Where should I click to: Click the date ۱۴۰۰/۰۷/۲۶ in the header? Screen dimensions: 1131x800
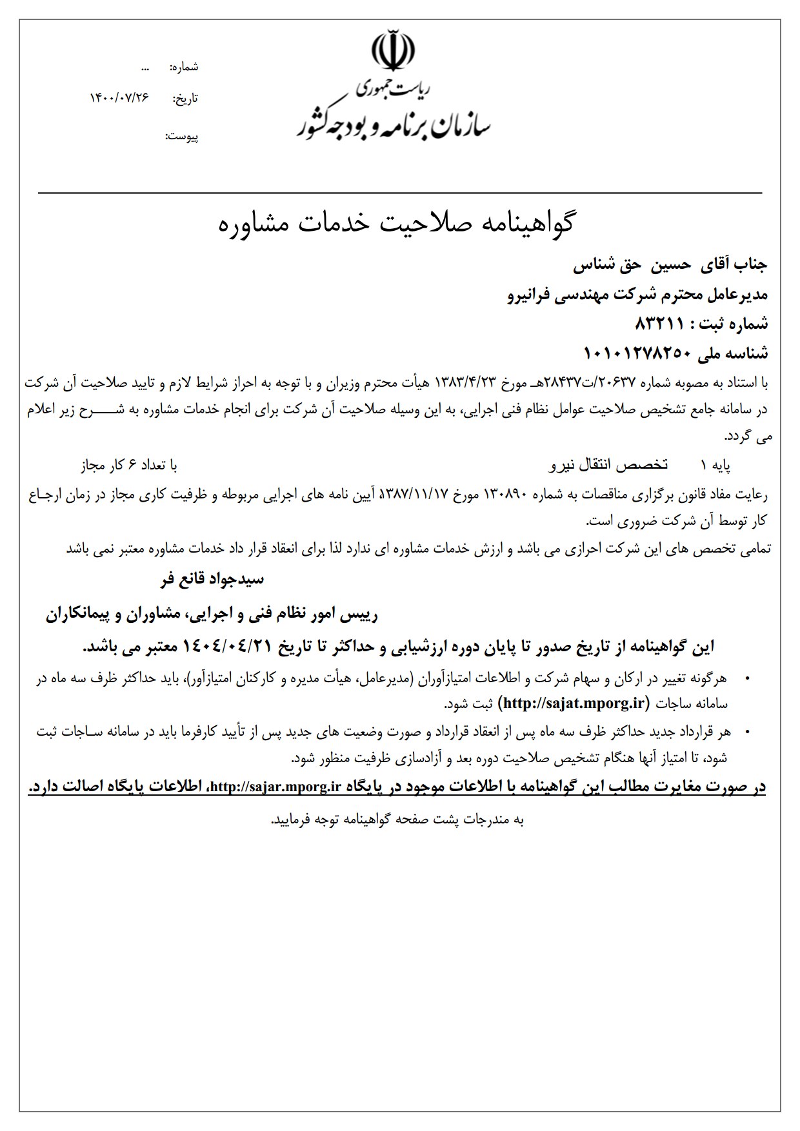[119, 97]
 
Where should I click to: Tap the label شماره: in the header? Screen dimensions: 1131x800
[185, 67]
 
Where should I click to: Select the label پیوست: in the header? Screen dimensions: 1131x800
[182, 136]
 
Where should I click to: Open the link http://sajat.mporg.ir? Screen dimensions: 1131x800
[575, 702]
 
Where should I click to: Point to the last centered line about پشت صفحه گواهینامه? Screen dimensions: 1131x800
[397, 820]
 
